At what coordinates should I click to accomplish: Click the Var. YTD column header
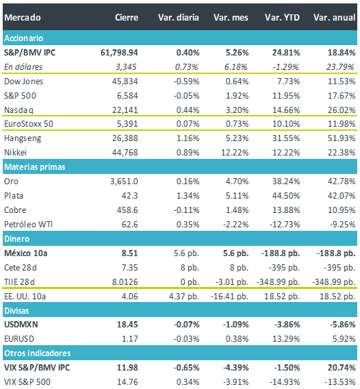[x=282, y=18]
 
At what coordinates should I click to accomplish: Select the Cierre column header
[x=127, y=18]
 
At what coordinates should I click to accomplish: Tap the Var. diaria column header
[x=179, y=18]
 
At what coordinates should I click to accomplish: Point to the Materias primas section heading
[x=35, y=167]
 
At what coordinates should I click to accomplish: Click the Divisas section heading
[x=16, y=311]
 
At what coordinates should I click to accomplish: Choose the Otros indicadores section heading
[x=38, y=353]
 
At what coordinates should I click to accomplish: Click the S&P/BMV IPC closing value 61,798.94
[x=119, y=53]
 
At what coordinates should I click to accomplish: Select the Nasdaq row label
[x=18, y=110]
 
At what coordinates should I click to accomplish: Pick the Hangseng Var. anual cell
[x=342, y=138]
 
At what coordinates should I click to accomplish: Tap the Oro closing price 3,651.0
[x=124, y=181]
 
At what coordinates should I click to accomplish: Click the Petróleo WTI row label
[x=28, y=224]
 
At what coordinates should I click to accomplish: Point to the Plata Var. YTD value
[x=286, y=196]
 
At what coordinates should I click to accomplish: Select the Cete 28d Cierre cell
[x=129, y=267]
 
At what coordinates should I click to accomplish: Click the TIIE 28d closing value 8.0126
[x=125, y=282]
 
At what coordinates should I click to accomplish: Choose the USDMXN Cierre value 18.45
[x=127, y=325]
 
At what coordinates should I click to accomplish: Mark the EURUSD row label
[x=19, y=339]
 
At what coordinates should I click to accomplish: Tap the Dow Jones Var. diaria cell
[x=186, y=81]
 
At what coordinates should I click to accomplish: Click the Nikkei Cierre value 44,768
[x=125, y=153]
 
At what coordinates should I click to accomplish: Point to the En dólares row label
[x=23, y=67]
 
